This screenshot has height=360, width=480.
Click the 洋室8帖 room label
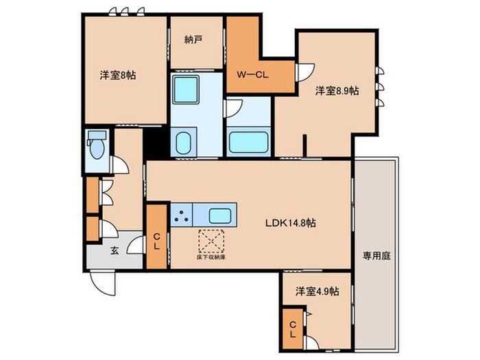pyautogui.click(x=117, y=75)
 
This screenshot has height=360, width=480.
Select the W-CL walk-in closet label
pyautogui.click(x=252, y=75)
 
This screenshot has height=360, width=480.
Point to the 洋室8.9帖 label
pyautogui.click(x=337, y=91)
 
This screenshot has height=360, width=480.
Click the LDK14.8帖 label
pyautogui.click(x=291, y=223)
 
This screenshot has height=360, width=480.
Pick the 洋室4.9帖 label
pyautogui.click(x=316, y=291)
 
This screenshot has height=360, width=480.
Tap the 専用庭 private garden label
pyautogui.click(x=376, y=255)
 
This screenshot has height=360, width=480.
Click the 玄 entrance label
pyautogui.click(x=115, y=250)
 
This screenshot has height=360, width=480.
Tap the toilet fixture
pyautogui.click(x=96, y=147)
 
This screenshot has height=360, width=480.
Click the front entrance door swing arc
pyautogui.click(x=104, y=279)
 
